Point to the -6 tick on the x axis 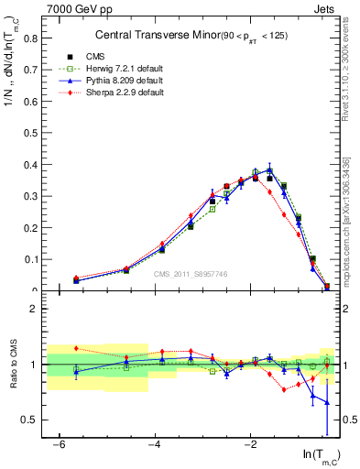tap(59, 444)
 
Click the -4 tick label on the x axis tap(155, 444)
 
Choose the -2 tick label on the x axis tap(251, 444)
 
